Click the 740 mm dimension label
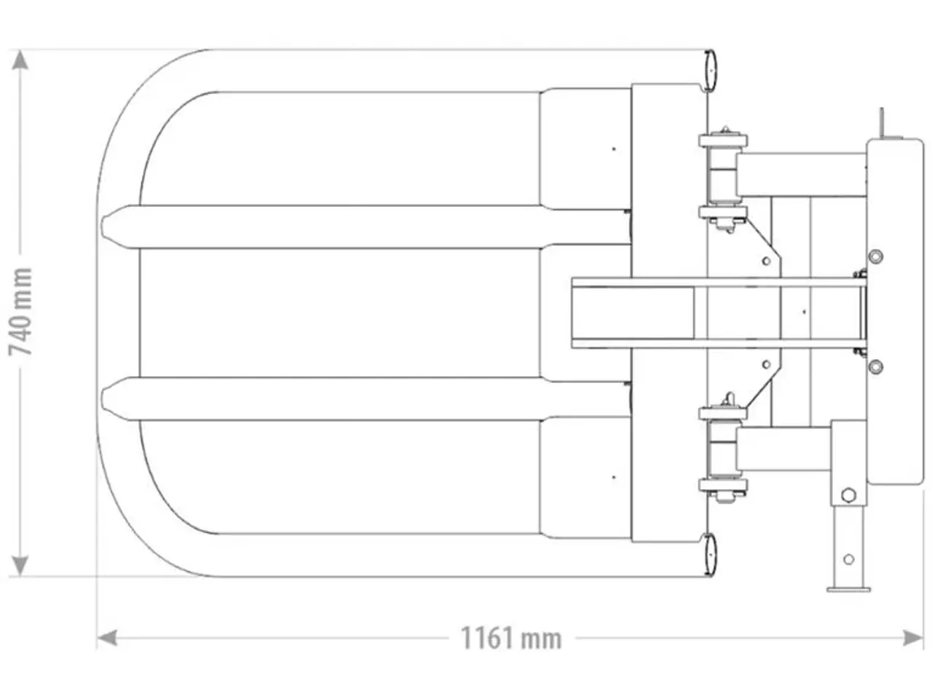pos(20,312)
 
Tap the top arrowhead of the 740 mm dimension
pos(20,60)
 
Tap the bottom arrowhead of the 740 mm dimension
pos(20,566)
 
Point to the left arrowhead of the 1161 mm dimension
pos(107,638)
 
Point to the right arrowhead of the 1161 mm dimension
pos(913,638)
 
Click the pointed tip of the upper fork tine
pos(102,226)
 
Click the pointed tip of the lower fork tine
pos(102,398)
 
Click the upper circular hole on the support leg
pos(848,495)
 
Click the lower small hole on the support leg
pos(849,559)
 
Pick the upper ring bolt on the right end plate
pos(876,256)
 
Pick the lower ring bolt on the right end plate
pos(876,366)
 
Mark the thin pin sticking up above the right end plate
pos(882,122)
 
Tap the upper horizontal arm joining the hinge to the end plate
pos(802,174)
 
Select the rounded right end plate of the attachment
pos(895,311)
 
